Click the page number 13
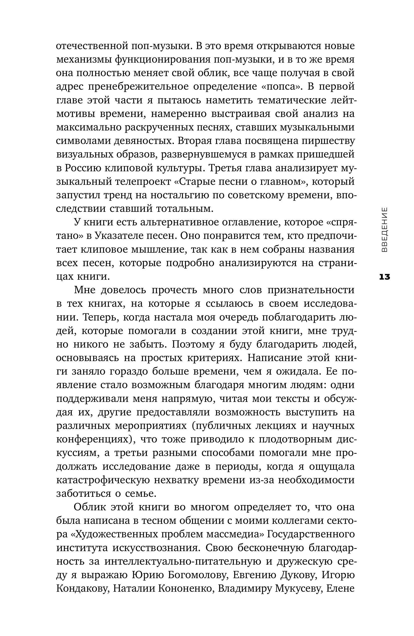point(384,277)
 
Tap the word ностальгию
point(182,195)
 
